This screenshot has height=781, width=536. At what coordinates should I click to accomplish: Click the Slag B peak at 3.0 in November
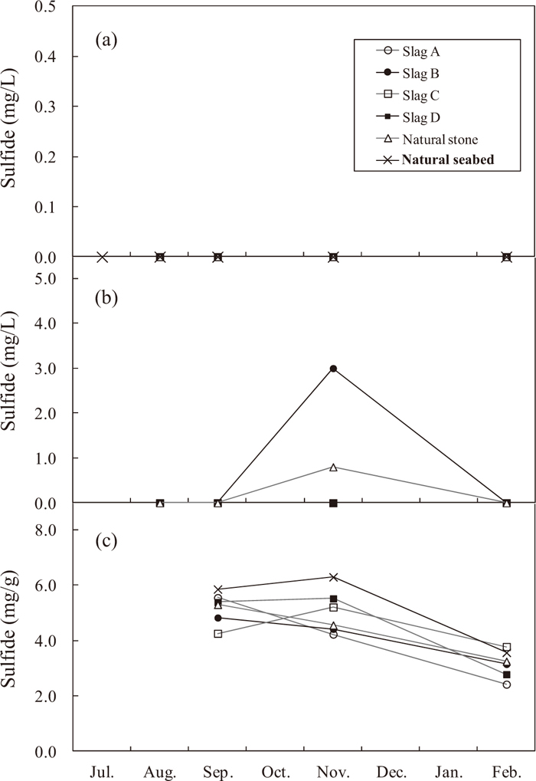[x=333, y=369]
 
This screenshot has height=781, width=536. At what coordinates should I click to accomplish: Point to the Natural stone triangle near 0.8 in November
[x=333, y=467]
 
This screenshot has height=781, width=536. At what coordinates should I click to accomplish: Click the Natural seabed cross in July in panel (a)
[x=102, y=257]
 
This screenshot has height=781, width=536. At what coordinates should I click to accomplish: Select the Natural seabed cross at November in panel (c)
[x=333, y=577]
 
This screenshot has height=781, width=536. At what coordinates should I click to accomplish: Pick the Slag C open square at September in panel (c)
[x=218, y=634]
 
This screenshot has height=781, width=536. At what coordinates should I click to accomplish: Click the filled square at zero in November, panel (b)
[x=333, y=503]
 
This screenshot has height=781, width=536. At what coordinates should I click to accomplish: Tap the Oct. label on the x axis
[x=275, y=769]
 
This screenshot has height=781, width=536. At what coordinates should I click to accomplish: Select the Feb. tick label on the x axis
[x=506, y=769]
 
